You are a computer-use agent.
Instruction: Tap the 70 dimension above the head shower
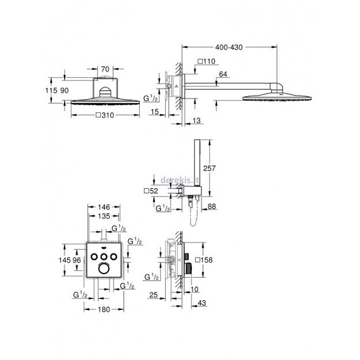(x=104, y=69)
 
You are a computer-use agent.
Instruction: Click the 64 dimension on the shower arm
(x=223, y=74)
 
